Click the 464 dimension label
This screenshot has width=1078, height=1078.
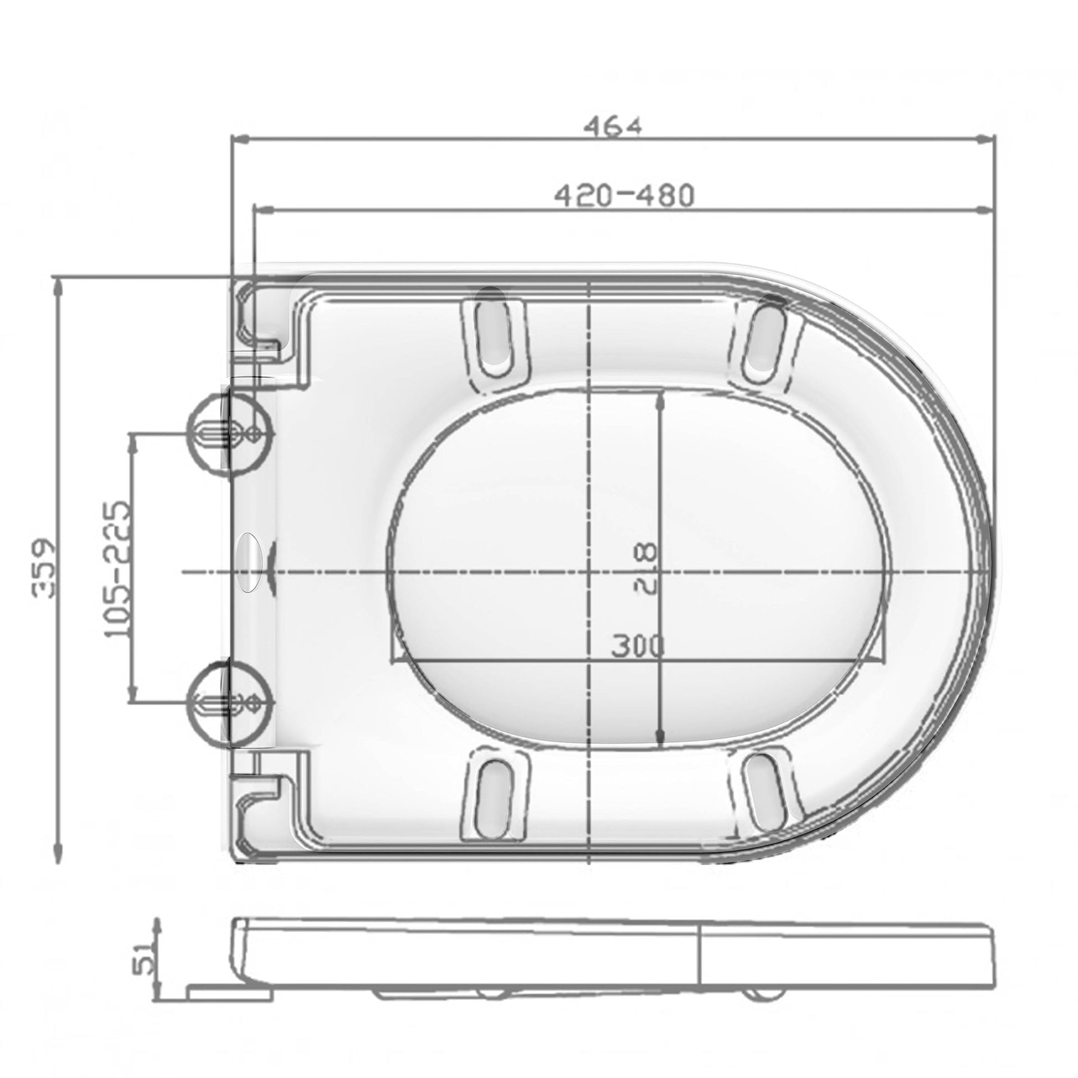tap(613, 126)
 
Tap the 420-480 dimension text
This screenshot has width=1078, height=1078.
tap(624, 196)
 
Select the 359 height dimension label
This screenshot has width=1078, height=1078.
tap(44, 568)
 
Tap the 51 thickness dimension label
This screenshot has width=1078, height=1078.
tap(143, 956)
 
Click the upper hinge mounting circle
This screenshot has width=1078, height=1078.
tap(230, 434)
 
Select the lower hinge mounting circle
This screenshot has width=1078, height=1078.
tap(230, 703)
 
